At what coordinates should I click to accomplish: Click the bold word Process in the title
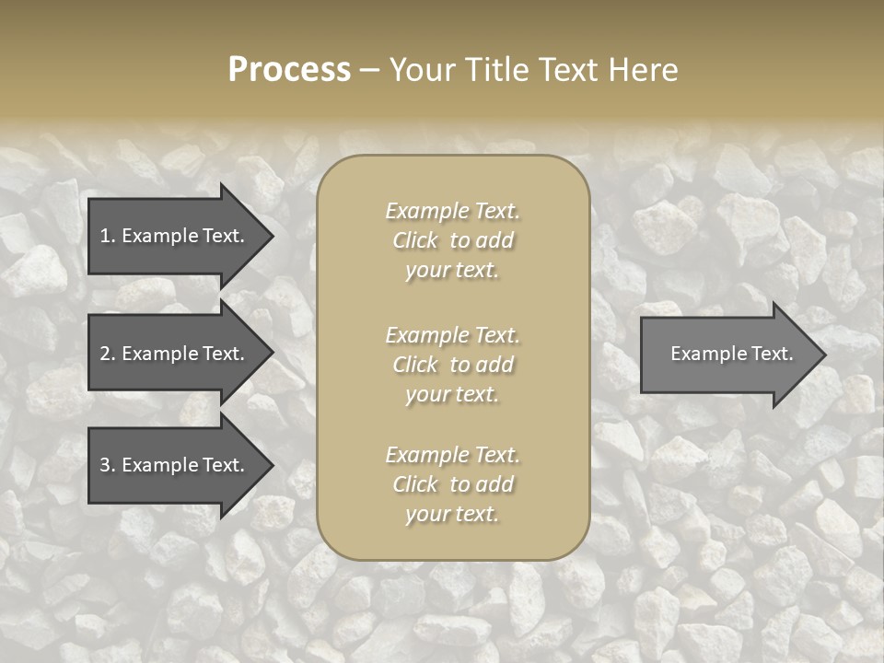pos(289,70)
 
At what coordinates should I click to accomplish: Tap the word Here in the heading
pos(641,70)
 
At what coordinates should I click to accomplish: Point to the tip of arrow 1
pos(270,236)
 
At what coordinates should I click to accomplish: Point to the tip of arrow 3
pos(270,465)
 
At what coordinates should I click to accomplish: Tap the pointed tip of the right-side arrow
pos(822,355)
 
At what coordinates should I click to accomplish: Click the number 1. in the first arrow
pos(108,236)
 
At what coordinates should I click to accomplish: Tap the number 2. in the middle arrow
pos(108,354)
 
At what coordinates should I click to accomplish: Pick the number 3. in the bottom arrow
pos(108,465)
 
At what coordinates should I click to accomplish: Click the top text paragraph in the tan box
pos(452,240)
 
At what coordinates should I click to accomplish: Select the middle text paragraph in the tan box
pos(452,365)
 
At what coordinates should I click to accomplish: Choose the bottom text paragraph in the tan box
pos(452,484)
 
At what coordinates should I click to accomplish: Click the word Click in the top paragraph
pos(415,240)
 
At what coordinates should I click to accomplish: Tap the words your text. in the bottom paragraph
pos(452,514)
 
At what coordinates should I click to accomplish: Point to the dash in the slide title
pos(369,71)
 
